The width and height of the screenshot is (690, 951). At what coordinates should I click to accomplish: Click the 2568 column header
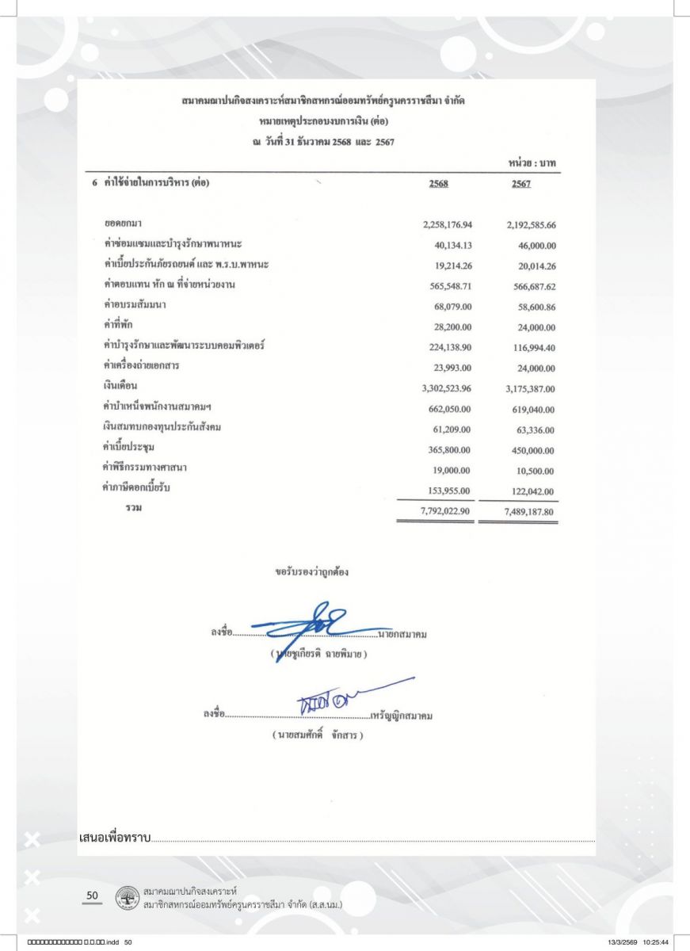[439, 184]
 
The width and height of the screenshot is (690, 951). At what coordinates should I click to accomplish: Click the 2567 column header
[520, 184]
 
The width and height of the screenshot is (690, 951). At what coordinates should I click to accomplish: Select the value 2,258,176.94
[448, 225]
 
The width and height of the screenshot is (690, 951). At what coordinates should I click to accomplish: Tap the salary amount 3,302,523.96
[448, 389]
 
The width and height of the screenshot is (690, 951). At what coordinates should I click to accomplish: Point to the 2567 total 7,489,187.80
[529, 512]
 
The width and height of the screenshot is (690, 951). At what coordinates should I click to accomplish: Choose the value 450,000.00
[532, 451]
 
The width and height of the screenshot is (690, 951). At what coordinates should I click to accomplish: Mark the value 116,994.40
[532, 348]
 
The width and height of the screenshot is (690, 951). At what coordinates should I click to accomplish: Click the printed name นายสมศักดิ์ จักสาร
[317, 735]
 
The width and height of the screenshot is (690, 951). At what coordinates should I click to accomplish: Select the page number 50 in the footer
[92, 896]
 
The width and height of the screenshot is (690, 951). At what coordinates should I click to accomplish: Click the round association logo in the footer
[124, 898]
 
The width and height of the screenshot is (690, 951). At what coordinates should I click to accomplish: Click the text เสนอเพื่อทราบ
[115, 837]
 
